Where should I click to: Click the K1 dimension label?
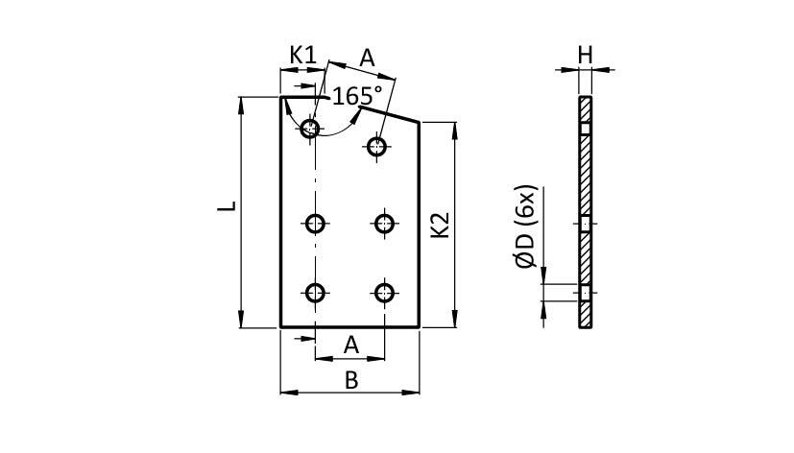(x=303, y=55)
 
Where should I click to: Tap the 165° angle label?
(x=357, y=96)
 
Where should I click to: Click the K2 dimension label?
(x=441, y=225)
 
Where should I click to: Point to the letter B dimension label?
(x=351, y=380)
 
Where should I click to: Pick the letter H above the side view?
(x=586, y=55)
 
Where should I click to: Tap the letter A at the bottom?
(x=350, y=344)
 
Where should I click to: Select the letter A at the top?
(x=368, y=58)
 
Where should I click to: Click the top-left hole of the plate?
(x=309, y=128)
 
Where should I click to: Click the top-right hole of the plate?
(x=376, y=146)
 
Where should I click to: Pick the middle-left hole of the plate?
(x=315, y=224)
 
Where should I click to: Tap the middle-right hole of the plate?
(x=385, y=224)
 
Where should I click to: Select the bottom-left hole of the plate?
(x=315, y=293)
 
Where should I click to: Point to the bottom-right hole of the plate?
(x=385, y=293)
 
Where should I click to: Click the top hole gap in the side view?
(x=586, y=129)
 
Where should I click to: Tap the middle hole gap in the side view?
(x=586, y=224)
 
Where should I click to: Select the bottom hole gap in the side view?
(x=586, y=293)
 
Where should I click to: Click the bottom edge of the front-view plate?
(x=350, y=326)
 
